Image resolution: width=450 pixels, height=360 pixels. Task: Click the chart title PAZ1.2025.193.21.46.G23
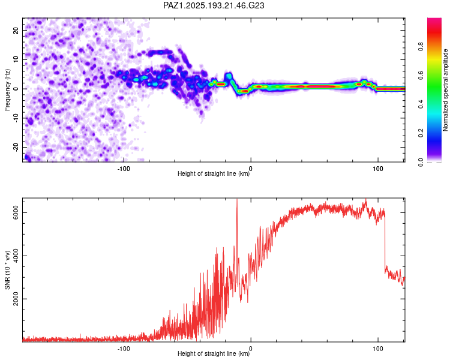[214, 5]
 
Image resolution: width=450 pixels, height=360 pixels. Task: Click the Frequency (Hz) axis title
[7, 90]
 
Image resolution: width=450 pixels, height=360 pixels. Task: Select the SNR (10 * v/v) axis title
[7, 270]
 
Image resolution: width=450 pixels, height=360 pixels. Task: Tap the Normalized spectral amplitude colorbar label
[445, 90]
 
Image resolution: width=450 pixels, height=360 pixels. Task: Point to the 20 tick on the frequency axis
[16, 31]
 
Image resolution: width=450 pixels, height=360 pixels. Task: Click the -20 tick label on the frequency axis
[16, 148]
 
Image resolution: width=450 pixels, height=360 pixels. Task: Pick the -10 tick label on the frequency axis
[16, 118]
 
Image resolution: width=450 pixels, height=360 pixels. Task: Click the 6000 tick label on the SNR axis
[16, 213]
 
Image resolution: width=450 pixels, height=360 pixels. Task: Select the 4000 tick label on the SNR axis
[16, 256]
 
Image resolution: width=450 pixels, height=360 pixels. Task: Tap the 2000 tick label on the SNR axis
[16, 299]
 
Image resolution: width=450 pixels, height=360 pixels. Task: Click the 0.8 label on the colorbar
[421, 46]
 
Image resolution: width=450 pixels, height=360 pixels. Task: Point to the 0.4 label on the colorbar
[421, 104]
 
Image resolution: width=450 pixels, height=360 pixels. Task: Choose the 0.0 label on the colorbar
[421, 162]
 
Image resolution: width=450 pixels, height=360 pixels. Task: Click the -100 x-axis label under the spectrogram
[124, 169]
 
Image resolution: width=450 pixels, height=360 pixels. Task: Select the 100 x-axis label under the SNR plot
[378, 349]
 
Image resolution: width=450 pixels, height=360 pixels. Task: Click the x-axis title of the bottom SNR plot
[214, 353]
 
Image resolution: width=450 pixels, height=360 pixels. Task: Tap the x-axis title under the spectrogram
[214, 173]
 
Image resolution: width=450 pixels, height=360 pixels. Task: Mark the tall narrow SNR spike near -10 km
[237, 230]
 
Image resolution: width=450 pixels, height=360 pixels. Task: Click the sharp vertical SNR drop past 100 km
[385, 242]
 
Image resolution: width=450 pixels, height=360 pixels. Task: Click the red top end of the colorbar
[434, 19]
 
